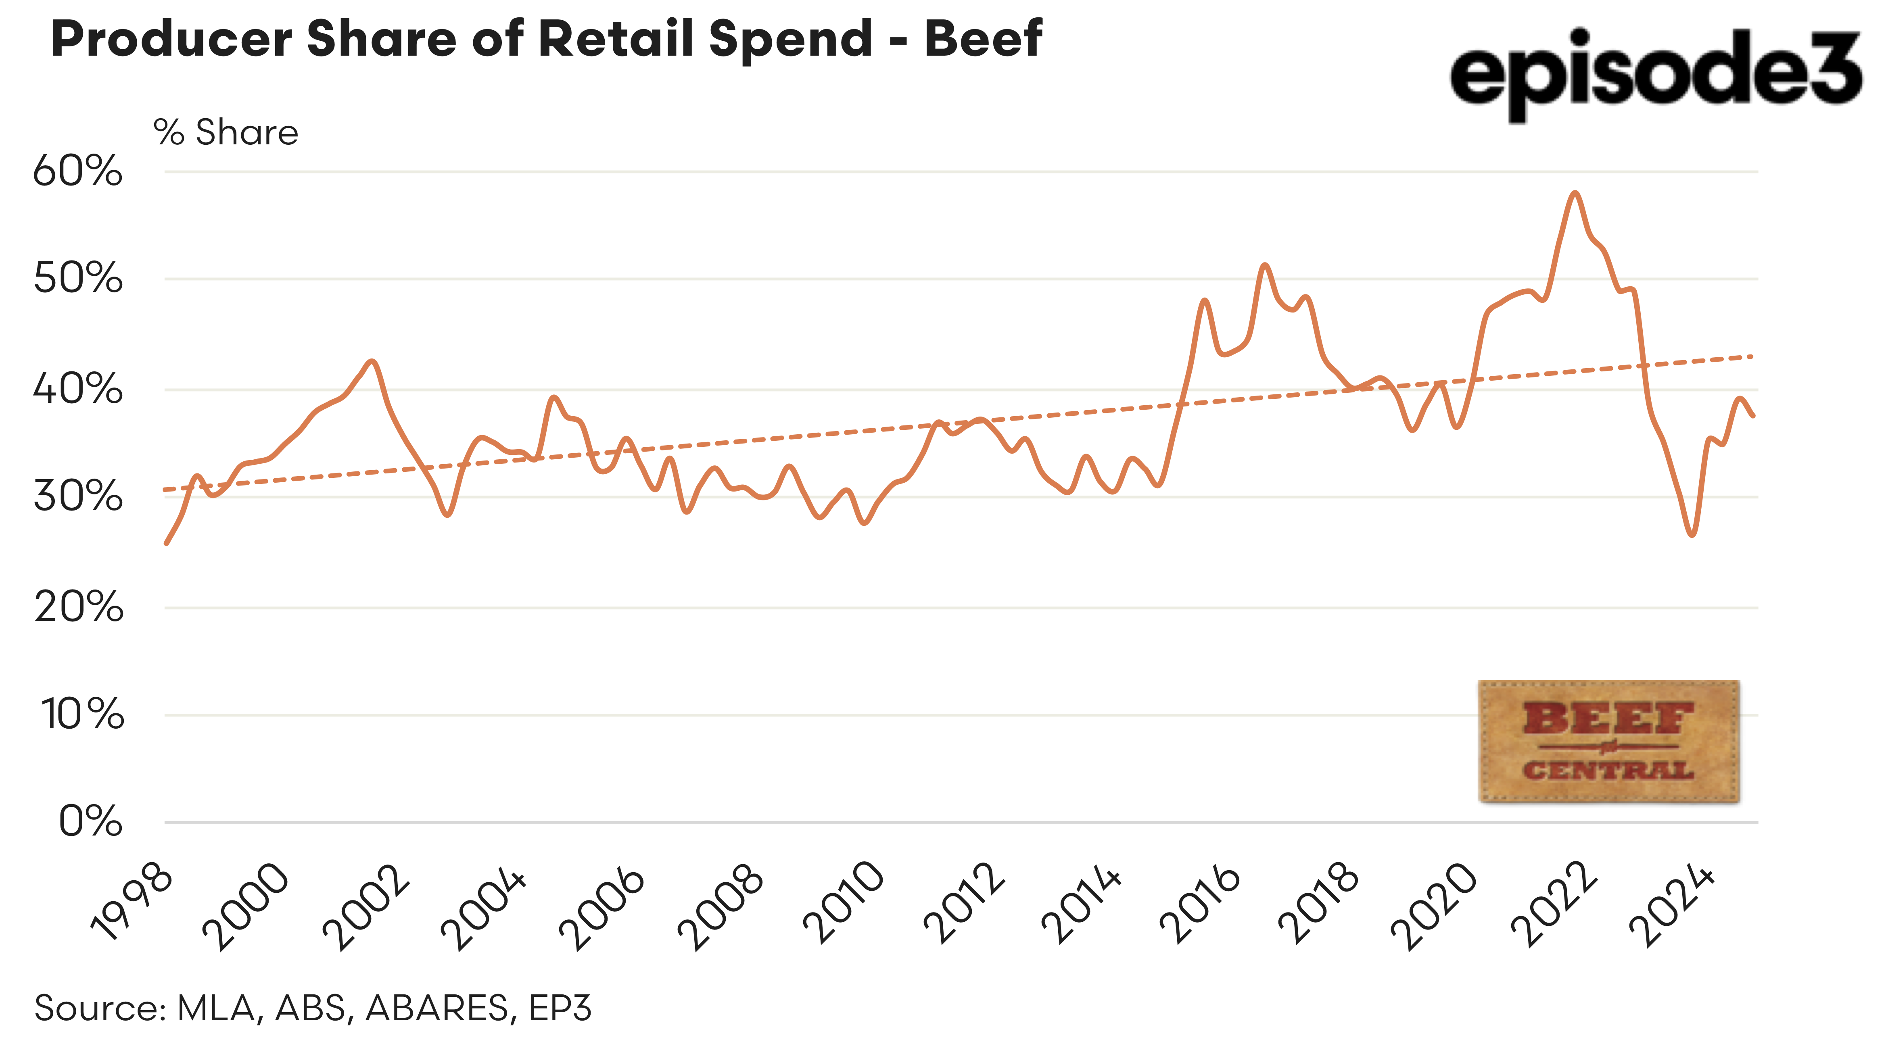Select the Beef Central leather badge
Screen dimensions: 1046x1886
pyautogui.click(x=1608, y=741)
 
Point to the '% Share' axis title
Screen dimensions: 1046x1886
pyautogui.click(x=226, y=133)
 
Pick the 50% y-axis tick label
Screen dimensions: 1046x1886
pyautogui.click(x=77, y=279)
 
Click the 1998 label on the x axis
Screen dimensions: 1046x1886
pyautogui.click(x=132, y=904)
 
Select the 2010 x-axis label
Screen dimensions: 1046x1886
pyautogui.click(x=844, y=904)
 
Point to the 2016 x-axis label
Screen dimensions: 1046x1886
pyautogui.click(x=1201, y=904)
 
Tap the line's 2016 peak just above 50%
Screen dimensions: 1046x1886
pyautogui.click(x=1264, y=265)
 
